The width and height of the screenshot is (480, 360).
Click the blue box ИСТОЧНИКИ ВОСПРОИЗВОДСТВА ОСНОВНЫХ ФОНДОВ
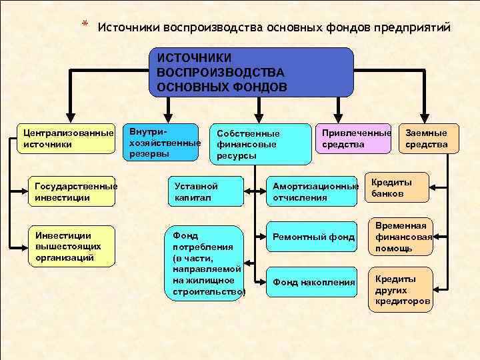[252, 73]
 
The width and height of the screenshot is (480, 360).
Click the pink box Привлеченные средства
[353, 139]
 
